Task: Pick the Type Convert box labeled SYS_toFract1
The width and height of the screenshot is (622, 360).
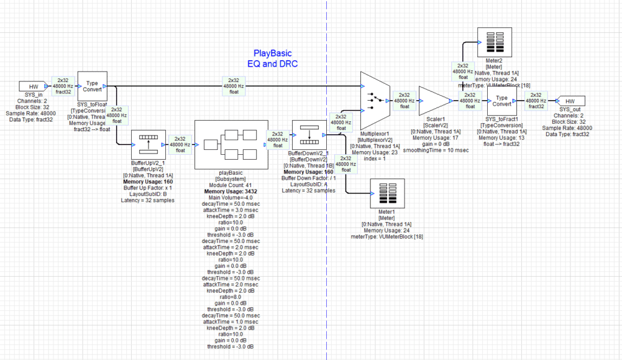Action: [501, 101]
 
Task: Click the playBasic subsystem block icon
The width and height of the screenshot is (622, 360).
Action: [231, 144]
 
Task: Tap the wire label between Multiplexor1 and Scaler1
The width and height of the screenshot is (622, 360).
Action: [405, 101]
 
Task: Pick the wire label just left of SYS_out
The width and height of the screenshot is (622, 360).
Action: [536, 101]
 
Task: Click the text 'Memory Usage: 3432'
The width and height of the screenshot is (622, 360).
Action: [230, 191]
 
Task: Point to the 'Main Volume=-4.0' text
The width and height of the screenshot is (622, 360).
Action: [230, 197]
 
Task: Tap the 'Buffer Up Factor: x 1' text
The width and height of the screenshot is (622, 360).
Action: [148, 188]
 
